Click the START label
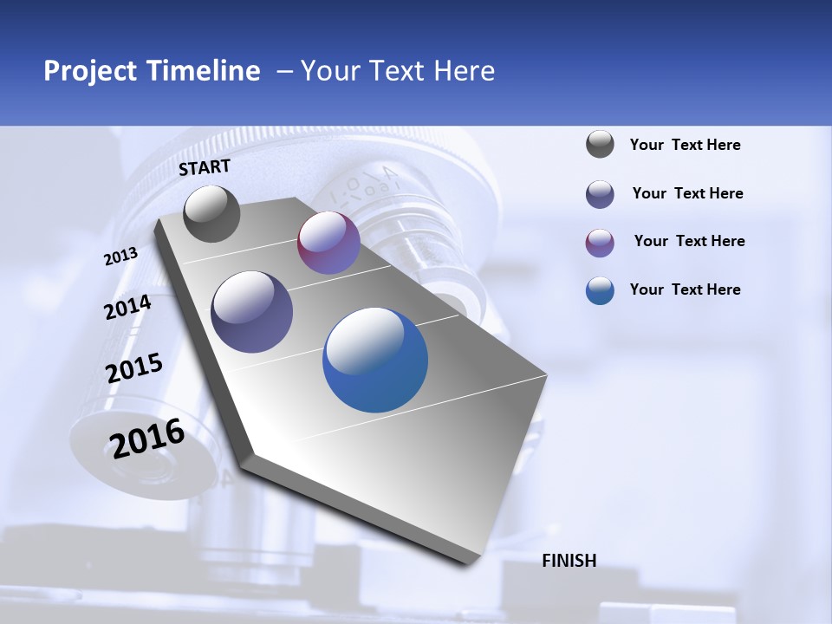[205, 167]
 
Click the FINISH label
[569, 561]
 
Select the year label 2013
[120, 257]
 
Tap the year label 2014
[127, 308]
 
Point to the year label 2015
[134, 368]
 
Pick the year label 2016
[147, 439]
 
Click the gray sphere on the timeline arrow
[211, 214]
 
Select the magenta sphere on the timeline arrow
[328, 243]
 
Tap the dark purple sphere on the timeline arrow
[252, 312]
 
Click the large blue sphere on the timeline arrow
[375, 360]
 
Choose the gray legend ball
[600, 145]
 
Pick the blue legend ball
[600, 290]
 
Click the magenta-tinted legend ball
[600, 243]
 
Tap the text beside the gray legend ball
[685, 145]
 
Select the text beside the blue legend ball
[685, 289]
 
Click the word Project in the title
[90, 71]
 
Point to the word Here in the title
[464, 71]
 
